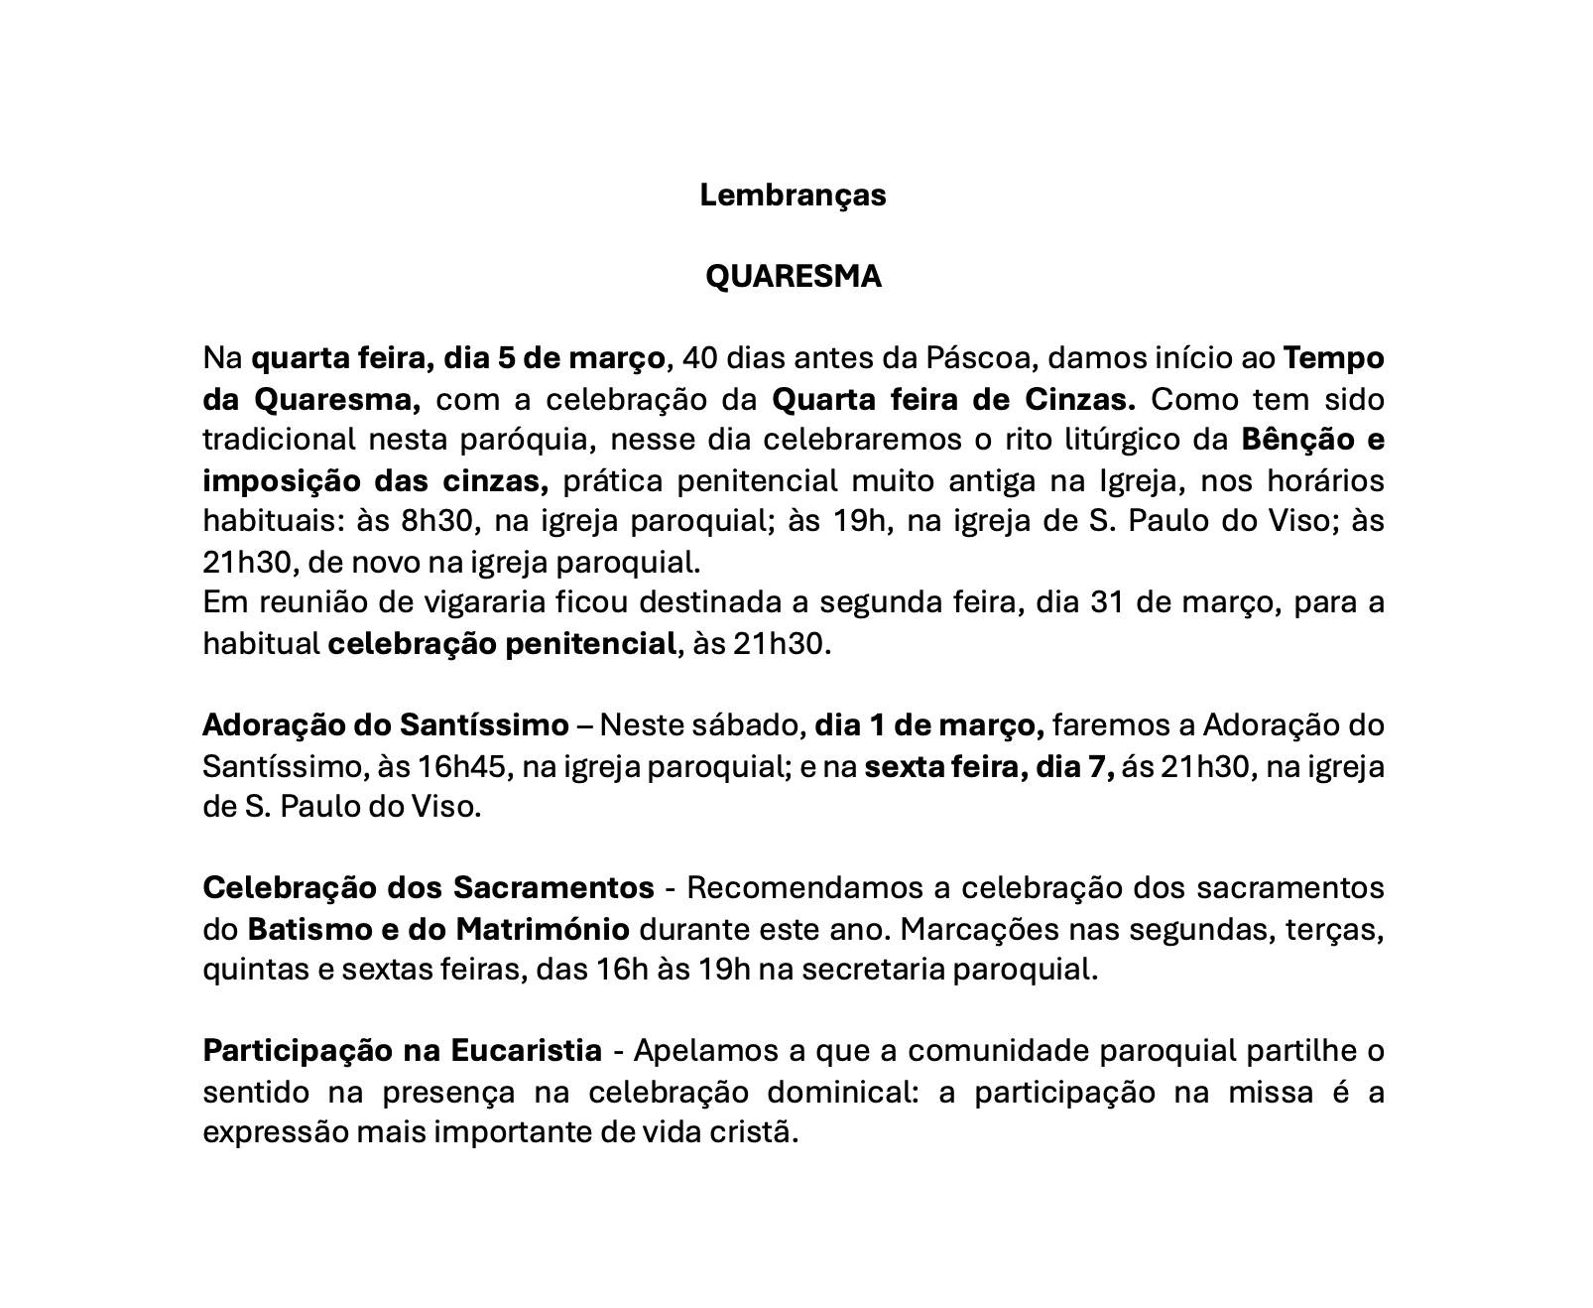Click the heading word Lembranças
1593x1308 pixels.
793,196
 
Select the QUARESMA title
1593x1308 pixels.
793,277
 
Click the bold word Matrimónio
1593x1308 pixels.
543,930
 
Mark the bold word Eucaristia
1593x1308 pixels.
526,1051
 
